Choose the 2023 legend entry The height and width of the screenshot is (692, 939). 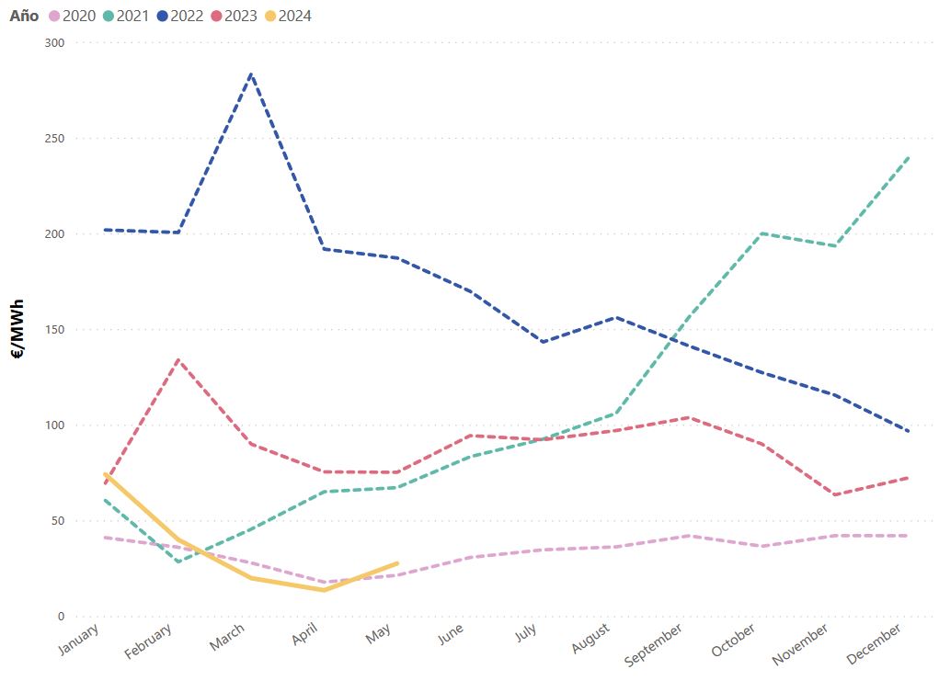(x=242, y=16)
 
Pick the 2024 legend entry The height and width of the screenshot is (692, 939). (x=295, y=16)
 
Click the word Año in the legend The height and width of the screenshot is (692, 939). (x=24, y=16)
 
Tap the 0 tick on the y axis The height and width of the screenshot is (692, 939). (x=60, y=617)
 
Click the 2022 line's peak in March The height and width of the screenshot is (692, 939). (x=251, y=74)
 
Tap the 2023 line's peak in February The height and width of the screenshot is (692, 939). (x=177, y=359)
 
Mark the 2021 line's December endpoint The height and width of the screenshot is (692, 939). (x=909, y=157)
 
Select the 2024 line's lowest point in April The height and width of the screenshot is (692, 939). (x=324, y=590)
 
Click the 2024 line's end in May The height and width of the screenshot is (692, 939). (x=397, y=562)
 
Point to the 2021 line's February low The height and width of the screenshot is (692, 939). (x=177, y=562)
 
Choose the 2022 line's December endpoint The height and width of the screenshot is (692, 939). (x=909, y=431)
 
